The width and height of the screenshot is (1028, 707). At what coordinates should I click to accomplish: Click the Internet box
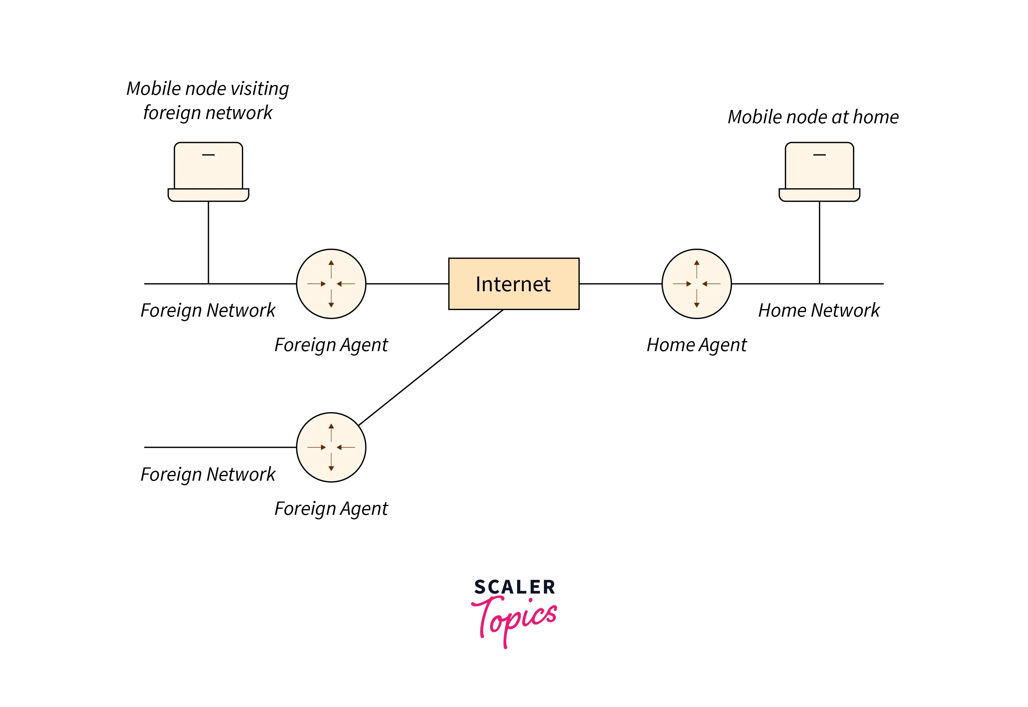click(513, 283)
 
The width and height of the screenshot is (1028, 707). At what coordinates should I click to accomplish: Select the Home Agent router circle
click(696, 283)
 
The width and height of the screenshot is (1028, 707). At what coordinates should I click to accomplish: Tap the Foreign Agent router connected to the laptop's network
click(331, 283)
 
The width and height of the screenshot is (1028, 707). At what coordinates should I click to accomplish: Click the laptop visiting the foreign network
click(208, 171)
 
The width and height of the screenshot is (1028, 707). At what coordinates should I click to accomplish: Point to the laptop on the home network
click(819, 171)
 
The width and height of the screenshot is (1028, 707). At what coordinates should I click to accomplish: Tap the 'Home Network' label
click(818, 310)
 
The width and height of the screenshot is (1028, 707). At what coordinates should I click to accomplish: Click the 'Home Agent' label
click(696, 345)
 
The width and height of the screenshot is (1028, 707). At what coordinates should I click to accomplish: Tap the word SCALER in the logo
click(514, 587)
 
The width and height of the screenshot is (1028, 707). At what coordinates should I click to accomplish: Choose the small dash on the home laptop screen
click(819, 155)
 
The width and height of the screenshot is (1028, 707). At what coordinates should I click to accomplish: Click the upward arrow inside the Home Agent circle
click(696, 268)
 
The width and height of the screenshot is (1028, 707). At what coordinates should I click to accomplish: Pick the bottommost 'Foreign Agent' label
click(331, 508)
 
